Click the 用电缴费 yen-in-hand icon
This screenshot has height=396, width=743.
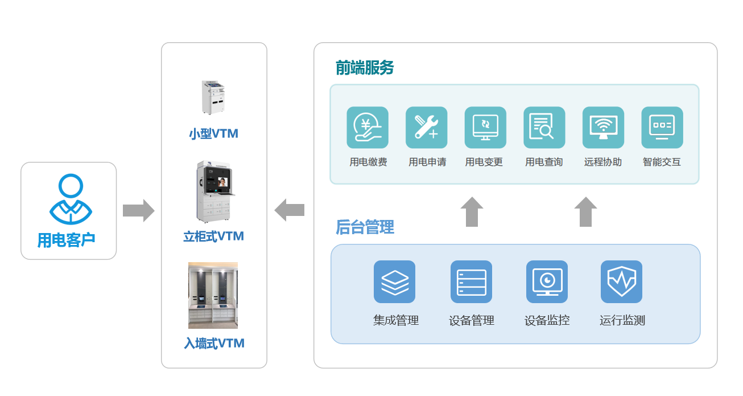click(x=368, y=128)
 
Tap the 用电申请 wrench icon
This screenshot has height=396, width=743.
click(x=426, y=128)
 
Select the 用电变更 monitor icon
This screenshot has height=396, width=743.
click(x=485, y=128)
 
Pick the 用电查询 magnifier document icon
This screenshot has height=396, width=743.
click(x=544, y=128)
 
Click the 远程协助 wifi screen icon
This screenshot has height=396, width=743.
click(x=603, y=128)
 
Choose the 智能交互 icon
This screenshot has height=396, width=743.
click(x=662, y=128)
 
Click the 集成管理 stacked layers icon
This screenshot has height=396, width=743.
click(x=394, y=281)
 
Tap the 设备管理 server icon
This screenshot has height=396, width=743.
click(x=471, y=281)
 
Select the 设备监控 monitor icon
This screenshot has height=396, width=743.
click(x=547, y=281)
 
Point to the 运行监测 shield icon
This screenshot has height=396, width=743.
click(x=621, y=281)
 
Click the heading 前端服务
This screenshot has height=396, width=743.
click(x=365, y=68)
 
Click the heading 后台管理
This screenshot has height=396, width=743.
click(x=365, y=228)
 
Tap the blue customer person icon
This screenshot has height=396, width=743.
click(x=71, y=199)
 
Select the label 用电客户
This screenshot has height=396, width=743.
click(x=66, y=240)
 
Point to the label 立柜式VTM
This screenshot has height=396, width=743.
click(x=213, y=236)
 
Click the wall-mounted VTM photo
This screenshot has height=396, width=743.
click(x=213, y=295)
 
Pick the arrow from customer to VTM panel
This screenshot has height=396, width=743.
click(x=138, y=211)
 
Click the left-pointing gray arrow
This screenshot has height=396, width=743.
click(x=290, y=210)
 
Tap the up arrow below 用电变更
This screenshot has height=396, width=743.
click(x=472, y=212)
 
